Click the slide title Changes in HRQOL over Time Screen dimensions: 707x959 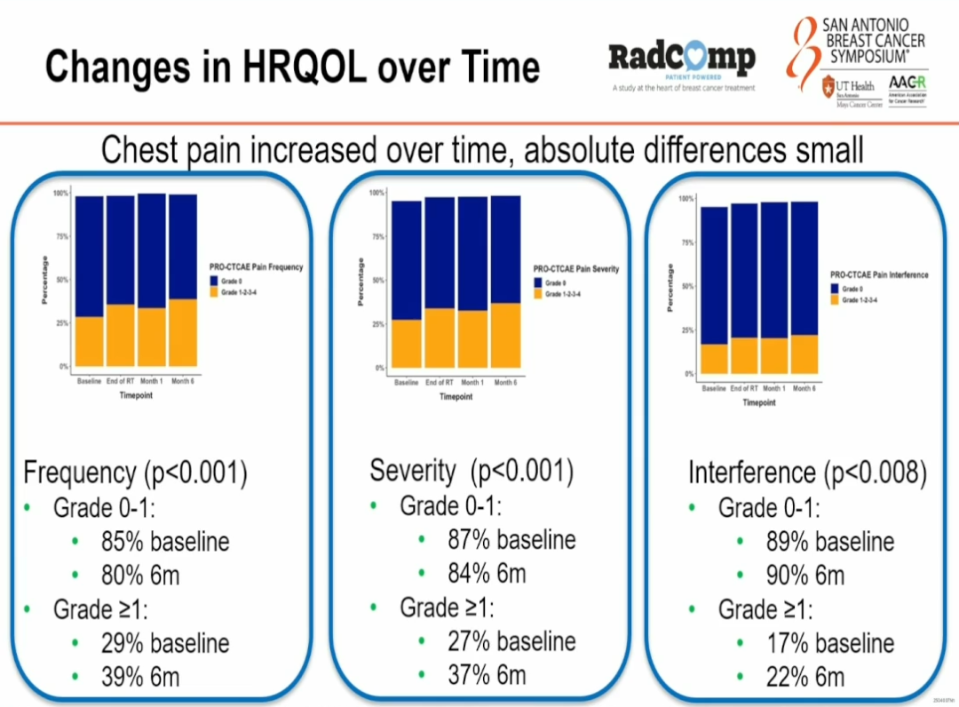click(x=292, y=68)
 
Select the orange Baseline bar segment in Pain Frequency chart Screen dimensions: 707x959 click(x=90, y=342)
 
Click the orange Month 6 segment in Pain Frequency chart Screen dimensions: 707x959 click(x=183, y=333)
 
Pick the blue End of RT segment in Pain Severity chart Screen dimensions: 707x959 click(x=440, y=253)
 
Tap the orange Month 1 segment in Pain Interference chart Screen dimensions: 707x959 click(x=773, y=355)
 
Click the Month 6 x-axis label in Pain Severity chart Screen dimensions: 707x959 click(x=504, y=383)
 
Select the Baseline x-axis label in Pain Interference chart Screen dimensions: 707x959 click(x=714, y=388)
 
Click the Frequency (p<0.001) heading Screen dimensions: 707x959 click(x=135, y=473)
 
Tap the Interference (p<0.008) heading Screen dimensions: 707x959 click(x=807, y=473)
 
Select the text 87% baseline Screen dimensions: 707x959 click(x=511, y=540)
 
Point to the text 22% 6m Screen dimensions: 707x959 click(x=804, y=677)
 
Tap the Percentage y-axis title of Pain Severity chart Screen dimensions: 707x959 click(x=361, y=282)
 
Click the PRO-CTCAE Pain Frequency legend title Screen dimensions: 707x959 click(x=257, y=266)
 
